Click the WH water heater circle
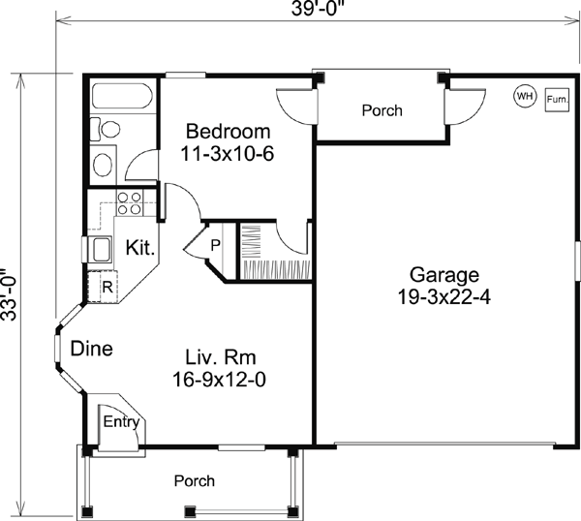(x=525, y=96)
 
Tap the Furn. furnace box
(x=557, y=100)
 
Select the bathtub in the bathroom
(x=122, y=96)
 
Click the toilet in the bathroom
(x=106, y=129)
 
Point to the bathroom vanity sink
(x=103, y=165)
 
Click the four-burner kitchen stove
(x=130, y=203)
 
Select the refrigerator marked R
(x=103, y=288)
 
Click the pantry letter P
(x=216, y=245)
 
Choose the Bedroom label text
(x=229, y=131)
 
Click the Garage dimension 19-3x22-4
(x=443, y=296)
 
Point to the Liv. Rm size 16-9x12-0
(x=219, y=379)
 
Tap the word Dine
(x=92, y=349)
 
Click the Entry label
(x=121, y=421)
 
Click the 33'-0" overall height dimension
(x=9, y=294)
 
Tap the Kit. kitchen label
(x=140, y=248)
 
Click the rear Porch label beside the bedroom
(x=382, y=110)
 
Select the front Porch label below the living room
(x=195, y=481)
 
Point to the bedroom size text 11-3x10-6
(x=228, y=153)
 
